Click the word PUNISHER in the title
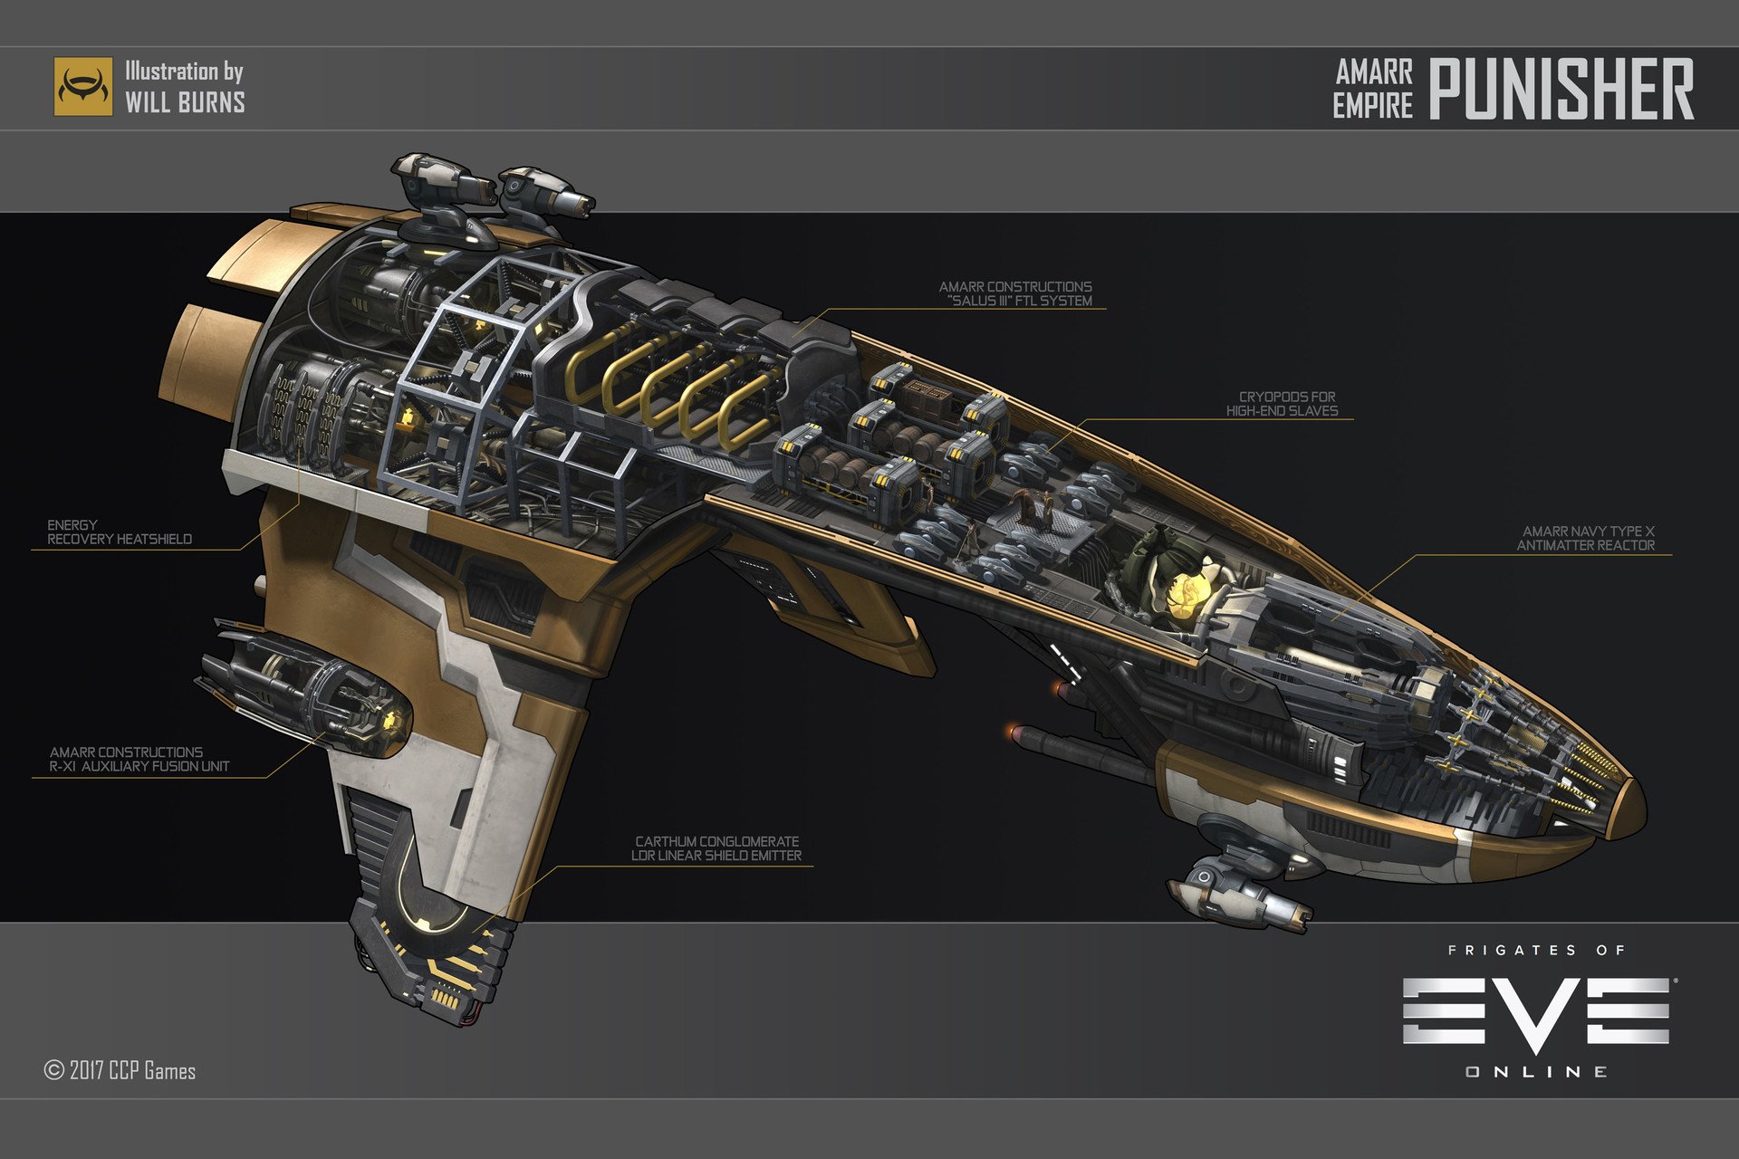tap(1561, 89)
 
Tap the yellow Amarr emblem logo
tap(83, 87)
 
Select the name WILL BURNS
tap(185, 102)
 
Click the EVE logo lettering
tap(1536, 1011)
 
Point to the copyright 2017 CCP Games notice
tap(120, 1070)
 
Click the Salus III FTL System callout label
tap(1015, 293)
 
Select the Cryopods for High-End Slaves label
tap(1282, 404)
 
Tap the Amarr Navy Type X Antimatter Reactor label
tap(1586, 539)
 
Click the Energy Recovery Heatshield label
tap(120, 532)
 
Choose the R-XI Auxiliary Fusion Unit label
tap(139, 760)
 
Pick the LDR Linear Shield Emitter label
tap(716, 848)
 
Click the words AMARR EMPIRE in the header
tap(1373, 89)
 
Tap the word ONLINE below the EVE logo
tap(1536, 1072)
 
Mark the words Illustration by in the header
tap(184, 72)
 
